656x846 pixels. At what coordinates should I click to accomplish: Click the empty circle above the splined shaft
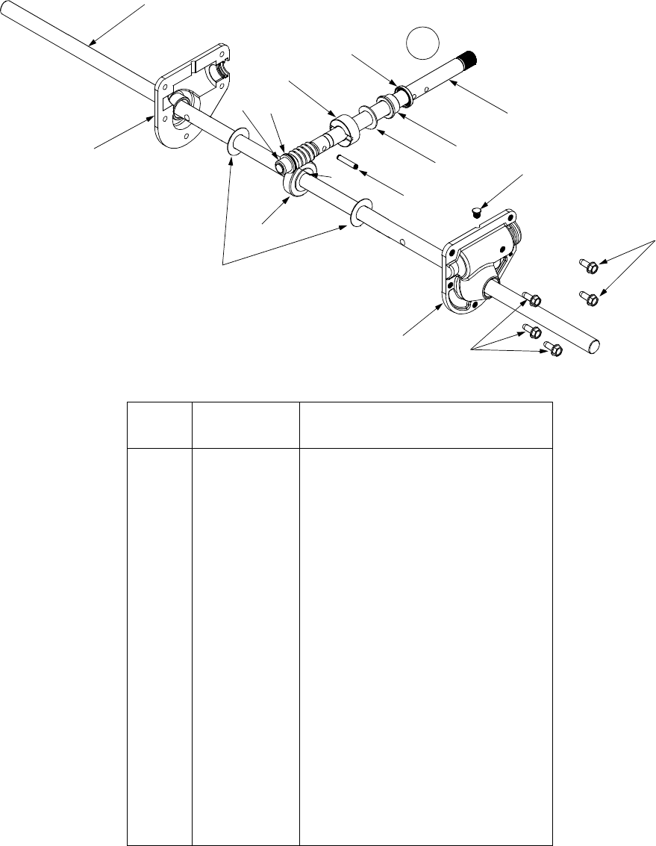(422, 43)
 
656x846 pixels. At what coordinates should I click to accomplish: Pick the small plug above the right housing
(477, 213)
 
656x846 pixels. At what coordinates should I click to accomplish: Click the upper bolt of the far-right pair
(587, 264)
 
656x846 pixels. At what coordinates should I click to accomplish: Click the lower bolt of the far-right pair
(589, 299)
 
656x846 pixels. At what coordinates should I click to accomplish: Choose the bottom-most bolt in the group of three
(552, 348)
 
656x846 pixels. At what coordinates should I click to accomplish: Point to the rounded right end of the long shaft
(595, 345)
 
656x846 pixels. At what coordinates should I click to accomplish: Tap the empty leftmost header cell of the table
(159, 426)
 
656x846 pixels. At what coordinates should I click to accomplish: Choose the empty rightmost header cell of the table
(425, 426)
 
